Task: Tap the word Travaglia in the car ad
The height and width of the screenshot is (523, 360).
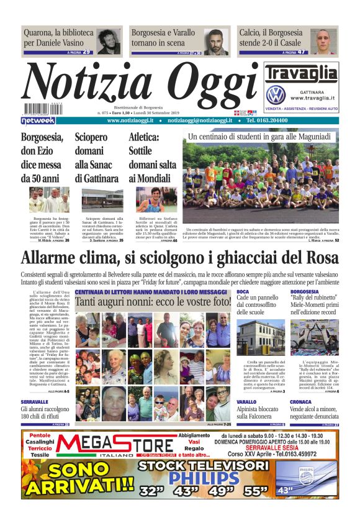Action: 301,75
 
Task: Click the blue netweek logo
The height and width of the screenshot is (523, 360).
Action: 37,121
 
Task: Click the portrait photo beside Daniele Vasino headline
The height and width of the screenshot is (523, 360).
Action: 108,41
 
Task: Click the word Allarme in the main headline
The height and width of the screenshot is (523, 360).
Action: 52,258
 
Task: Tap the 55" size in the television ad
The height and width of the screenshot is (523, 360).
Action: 255,491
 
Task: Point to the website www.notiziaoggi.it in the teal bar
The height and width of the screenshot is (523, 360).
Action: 132,121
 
